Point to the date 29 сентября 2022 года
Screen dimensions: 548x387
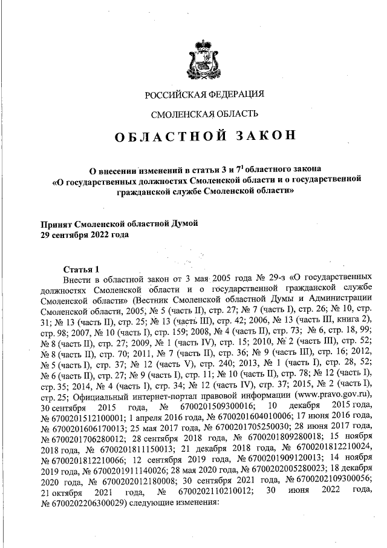pyautogui.click(x=85, y=234)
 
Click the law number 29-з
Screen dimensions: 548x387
pyautogui.click(x=250, y=279)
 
